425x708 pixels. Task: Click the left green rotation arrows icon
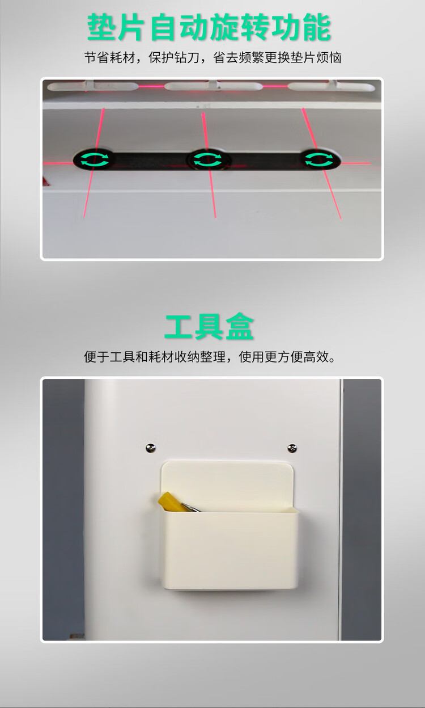point(95,159)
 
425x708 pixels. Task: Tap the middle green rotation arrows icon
point(207,159)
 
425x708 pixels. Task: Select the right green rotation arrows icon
point(319,159)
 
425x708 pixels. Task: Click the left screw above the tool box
point(151,448)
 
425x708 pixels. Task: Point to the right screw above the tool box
point(292,448)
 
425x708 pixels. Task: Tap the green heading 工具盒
point(209,327)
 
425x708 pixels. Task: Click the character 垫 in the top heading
point(101,27)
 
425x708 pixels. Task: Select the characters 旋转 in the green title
point(239,27)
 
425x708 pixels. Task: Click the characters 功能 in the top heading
point(301,27)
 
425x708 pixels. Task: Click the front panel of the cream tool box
point(231,550)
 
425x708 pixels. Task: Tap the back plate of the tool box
point(227,483)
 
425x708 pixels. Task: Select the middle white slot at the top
point(214,86)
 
